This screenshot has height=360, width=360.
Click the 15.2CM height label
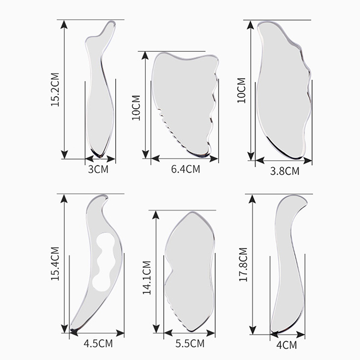tap(55, 90)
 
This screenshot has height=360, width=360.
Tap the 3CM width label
tap(98, 169)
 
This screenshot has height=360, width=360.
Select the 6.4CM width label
tap(185, 169)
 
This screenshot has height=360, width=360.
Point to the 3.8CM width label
tap(285, 171)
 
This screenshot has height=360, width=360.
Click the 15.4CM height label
tap(55, 264)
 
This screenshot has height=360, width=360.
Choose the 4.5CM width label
tap(98, 344)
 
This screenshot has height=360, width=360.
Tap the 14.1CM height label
tap(147, 278)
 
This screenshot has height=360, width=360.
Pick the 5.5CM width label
tap(190, 344)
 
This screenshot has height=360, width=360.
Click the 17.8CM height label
tap(243, 265)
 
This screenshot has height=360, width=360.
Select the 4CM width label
tap(287, 345)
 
